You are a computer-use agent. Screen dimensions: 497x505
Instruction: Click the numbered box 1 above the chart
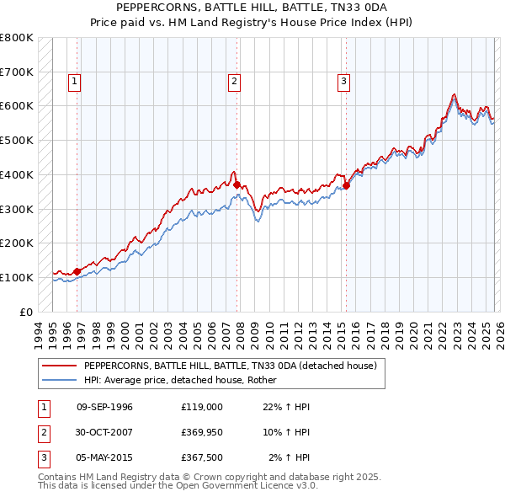coord(75,82)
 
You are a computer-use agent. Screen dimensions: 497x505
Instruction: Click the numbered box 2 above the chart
coord(233,82)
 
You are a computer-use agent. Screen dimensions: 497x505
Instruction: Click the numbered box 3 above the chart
coord(344,82)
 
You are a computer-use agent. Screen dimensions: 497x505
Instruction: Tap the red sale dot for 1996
coord(77,271)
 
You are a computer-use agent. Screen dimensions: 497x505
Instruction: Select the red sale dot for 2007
coord(237,184)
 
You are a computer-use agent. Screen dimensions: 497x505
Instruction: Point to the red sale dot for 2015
coord(345,186)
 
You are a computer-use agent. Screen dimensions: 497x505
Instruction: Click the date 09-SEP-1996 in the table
coord(104,407)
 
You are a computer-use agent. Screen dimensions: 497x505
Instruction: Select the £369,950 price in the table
coord(201,432)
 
